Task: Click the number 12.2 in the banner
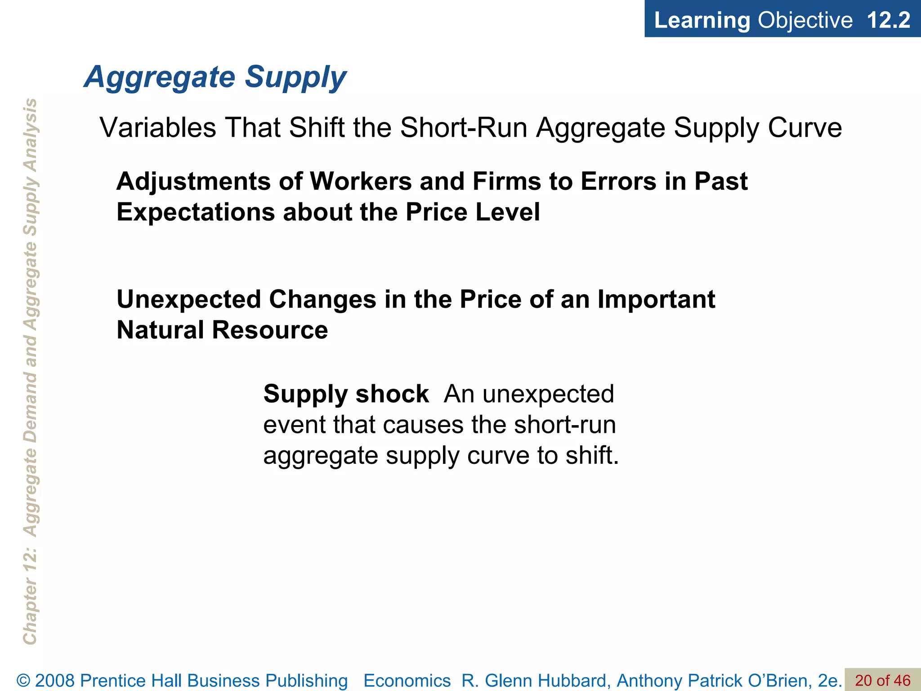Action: [x=888, y=20]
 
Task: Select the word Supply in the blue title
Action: [x=295, y=77]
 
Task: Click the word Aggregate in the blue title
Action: [x=160, y=77]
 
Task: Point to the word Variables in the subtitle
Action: [x=158, y=127]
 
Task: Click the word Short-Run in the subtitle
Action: [x=464, y=127]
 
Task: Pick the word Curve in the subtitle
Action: [x=805, y=127]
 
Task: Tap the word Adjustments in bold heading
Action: [x=193, y=181]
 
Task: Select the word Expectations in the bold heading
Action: [x=196, y=212]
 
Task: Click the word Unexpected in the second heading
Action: [x=188, y=299]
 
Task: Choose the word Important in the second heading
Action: [x=656, y=299]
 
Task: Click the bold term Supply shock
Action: [x=346, y=394]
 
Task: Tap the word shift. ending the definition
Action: [x=592, y=455]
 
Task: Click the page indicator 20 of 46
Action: [x=882, y=680]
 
